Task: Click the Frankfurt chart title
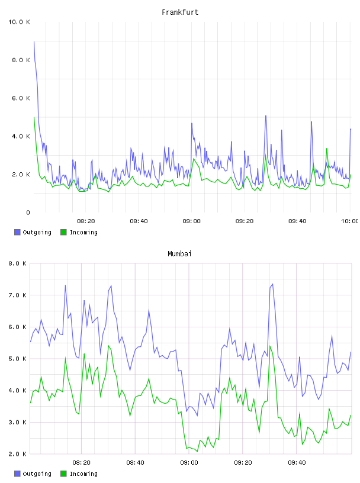[180, 12]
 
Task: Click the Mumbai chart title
[179, 254]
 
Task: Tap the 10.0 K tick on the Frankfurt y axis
[19, 22]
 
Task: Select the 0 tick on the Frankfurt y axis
[28, 212]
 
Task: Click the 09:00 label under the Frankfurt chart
[191, 221]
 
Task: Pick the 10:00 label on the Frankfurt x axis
[350, 221]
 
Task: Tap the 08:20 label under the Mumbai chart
[81, 463]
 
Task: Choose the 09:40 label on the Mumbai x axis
[297, 463]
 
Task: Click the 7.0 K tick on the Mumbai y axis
[18, 295]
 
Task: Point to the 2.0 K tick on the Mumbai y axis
[18, 454]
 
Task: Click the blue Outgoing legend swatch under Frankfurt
[17, 232]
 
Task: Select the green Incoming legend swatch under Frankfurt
[63, 232]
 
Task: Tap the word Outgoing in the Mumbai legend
[37, 474]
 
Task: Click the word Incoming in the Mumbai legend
[83, 474]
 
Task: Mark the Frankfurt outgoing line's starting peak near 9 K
[34, 41]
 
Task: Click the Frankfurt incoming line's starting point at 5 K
[34, 117]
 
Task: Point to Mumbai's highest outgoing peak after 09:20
[272, 284]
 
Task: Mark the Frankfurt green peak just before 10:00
[327, 149]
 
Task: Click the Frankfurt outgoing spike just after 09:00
[192, 123]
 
